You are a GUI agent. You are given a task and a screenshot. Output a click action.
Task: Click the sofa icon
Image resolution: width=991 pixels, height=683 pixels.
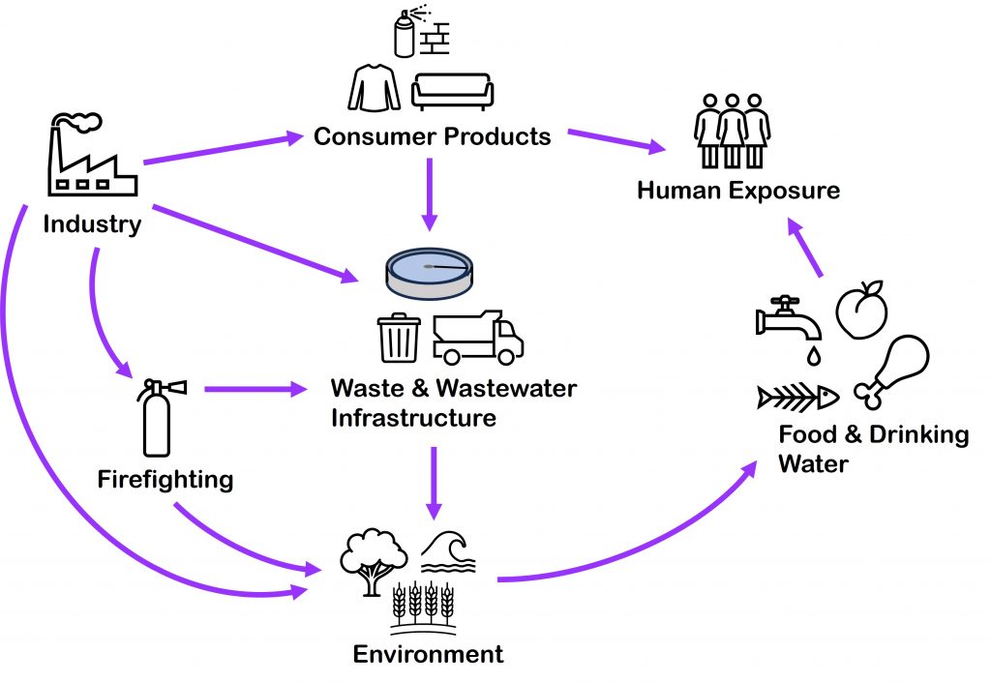(x=452, y=91)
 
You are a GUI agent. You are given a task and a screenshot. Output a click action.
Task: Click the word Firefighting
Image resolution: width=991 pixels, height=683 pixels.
(x=165, y=479)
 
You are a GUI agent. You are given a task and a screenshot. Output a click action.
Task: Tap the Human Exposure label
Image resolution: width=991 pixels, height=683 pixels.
(x=737, y=189)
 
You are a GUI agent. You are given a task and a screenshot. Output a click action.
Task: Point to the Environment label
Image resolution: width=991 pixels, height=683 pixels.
(x=428, y=654)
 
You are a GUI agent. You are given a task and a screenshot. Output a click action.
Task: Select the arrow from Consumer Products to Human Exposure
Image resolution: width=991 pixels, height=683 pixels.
(x=616, y=140)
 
